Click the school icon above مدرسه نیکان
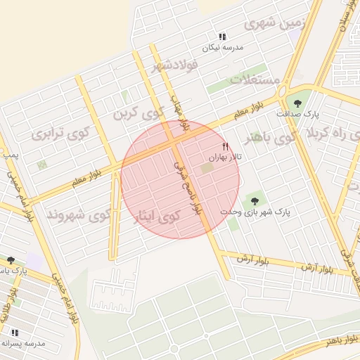[x=222, y=37]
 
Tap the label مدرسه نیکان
[x=222, y=48]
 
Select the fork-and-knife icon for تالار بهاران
[x=225, y=147]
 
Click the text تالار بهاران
[x=224, y=159]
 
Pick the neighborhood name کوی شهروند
[x=79, y=214]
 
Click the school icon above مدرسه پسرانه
[x=15, y=332]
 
